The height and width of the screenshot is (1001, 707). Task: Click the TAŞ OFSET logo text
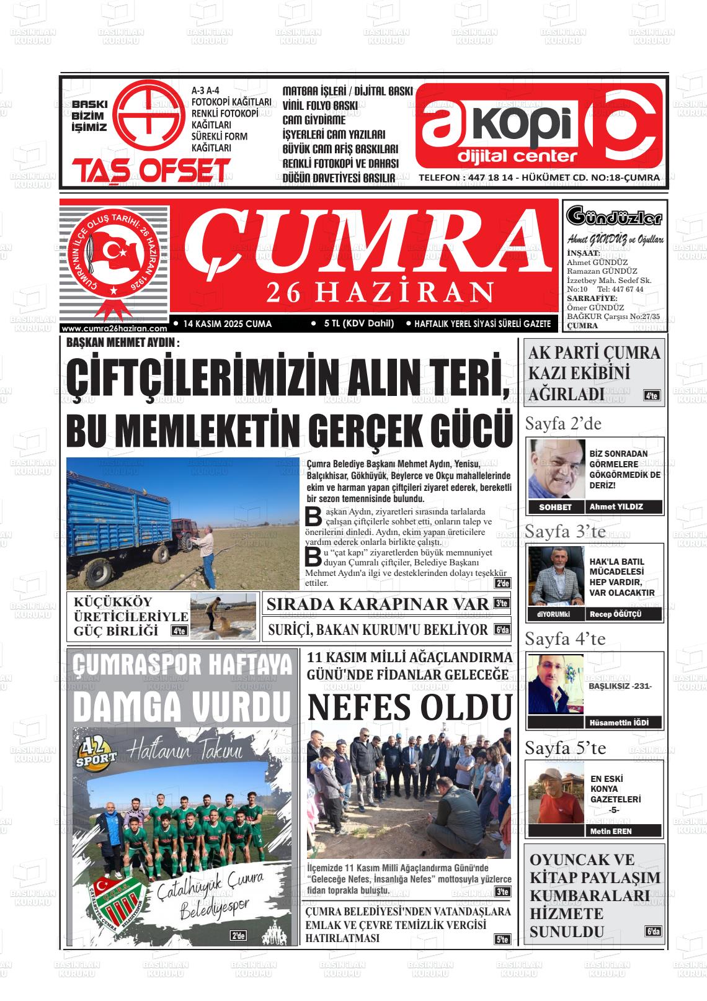click(x=151, y=170)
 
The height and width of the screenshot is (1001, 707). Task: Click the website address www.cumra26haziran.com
click(x=115, y=329)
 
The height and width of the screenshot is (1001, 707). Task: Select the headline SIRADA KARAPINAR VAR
click(x=377, y=604)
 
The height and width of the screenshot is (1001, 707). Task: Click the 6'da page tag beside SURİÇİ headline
click(x=502, y=631)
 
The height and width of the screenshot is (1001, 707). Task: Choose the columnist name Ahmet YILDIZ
click(x=616, y=506)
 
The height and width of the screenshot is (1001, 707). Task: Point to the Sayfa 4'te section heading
click(x=565, y=638)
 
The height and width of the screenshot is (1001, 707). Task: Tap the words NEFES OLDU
click(x=410, y=707)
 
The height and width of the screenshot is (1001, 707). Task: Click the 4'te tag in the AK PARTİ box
click(x=652, y=395)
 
